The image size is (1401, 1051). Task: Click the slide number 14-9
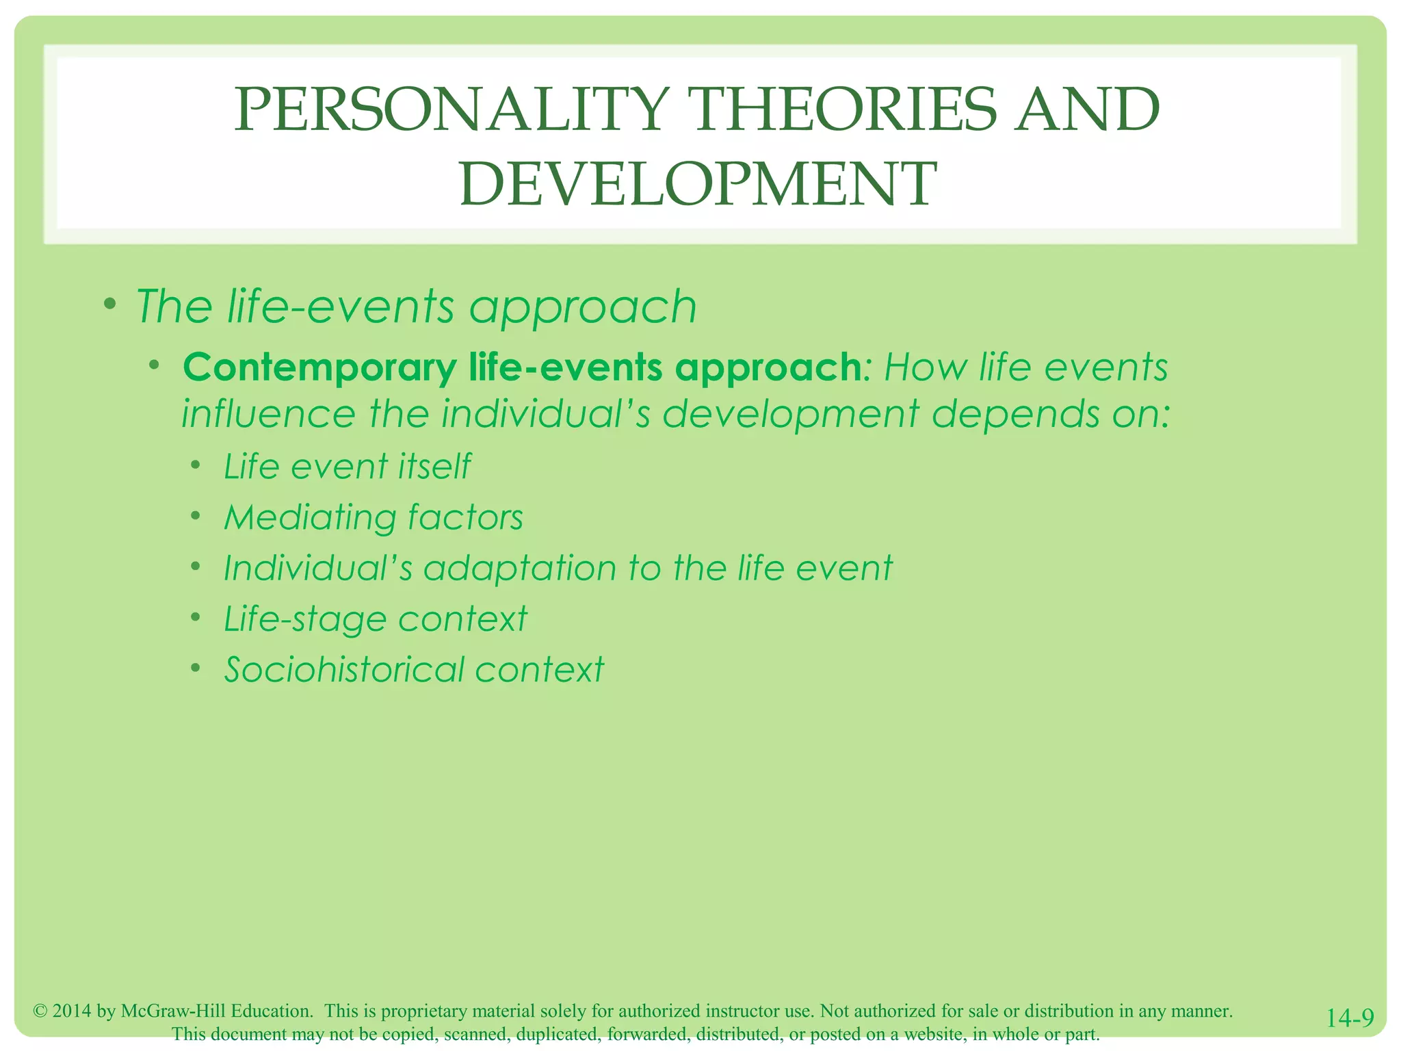[1350, 1018]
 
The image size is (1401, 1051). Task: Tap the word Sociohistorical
[343, 669]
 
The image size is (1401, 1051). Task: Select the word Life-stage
[305, 619]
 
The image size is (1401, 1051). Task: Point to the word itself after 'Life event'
[435, 467]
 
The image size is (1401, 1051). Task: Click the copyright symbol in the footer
[40, 1011]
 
